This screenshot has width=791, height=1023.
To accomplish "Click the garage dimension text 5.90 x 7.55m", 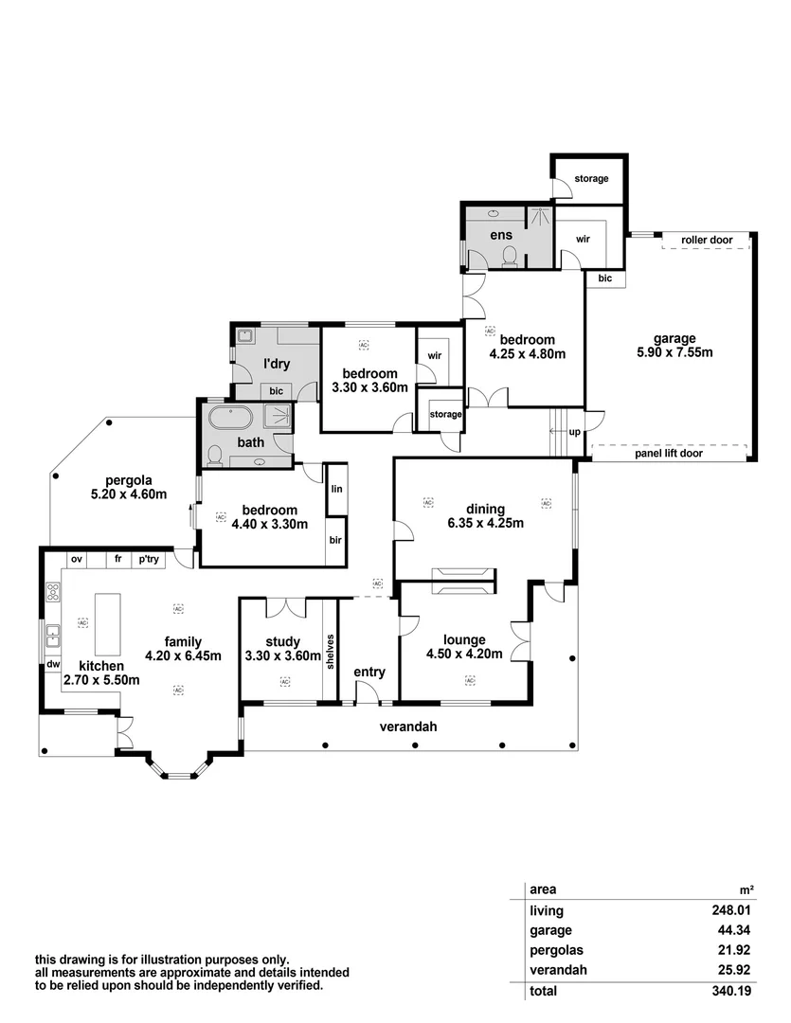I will (x=674, y=352).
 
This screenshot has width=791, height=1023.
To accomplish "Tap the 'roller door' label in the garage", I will (x=707, y=241).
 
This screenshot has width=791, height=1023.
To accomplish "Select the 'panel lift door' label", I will (x=669, y=454).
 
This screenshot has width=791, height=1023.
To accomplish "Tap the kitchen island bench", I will (x=110, y=624).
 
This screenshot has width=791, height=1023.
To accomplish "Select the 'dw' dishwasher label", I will (x=53, y=665).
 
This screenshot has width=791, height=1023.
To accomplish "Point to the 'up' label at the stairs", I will (x=574, y=432).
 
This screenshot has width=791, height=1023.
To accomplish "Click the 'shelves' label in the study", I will (x=330, y=652).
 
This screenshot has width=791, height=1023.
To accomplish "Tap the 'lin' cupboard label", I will (x=336, y=490).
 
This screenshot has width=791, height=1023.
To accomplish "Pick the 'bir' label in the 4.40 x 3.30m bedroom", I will (x=336, y=540).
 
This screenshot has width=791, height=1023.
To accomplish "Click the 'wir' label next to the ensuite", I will (x=583, y=239).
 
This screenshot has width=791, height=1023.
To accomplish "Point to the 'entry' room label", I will (x=369, y=672).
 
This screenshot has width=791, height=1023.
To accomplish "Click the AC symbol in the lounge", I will (x=469, y=680).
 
